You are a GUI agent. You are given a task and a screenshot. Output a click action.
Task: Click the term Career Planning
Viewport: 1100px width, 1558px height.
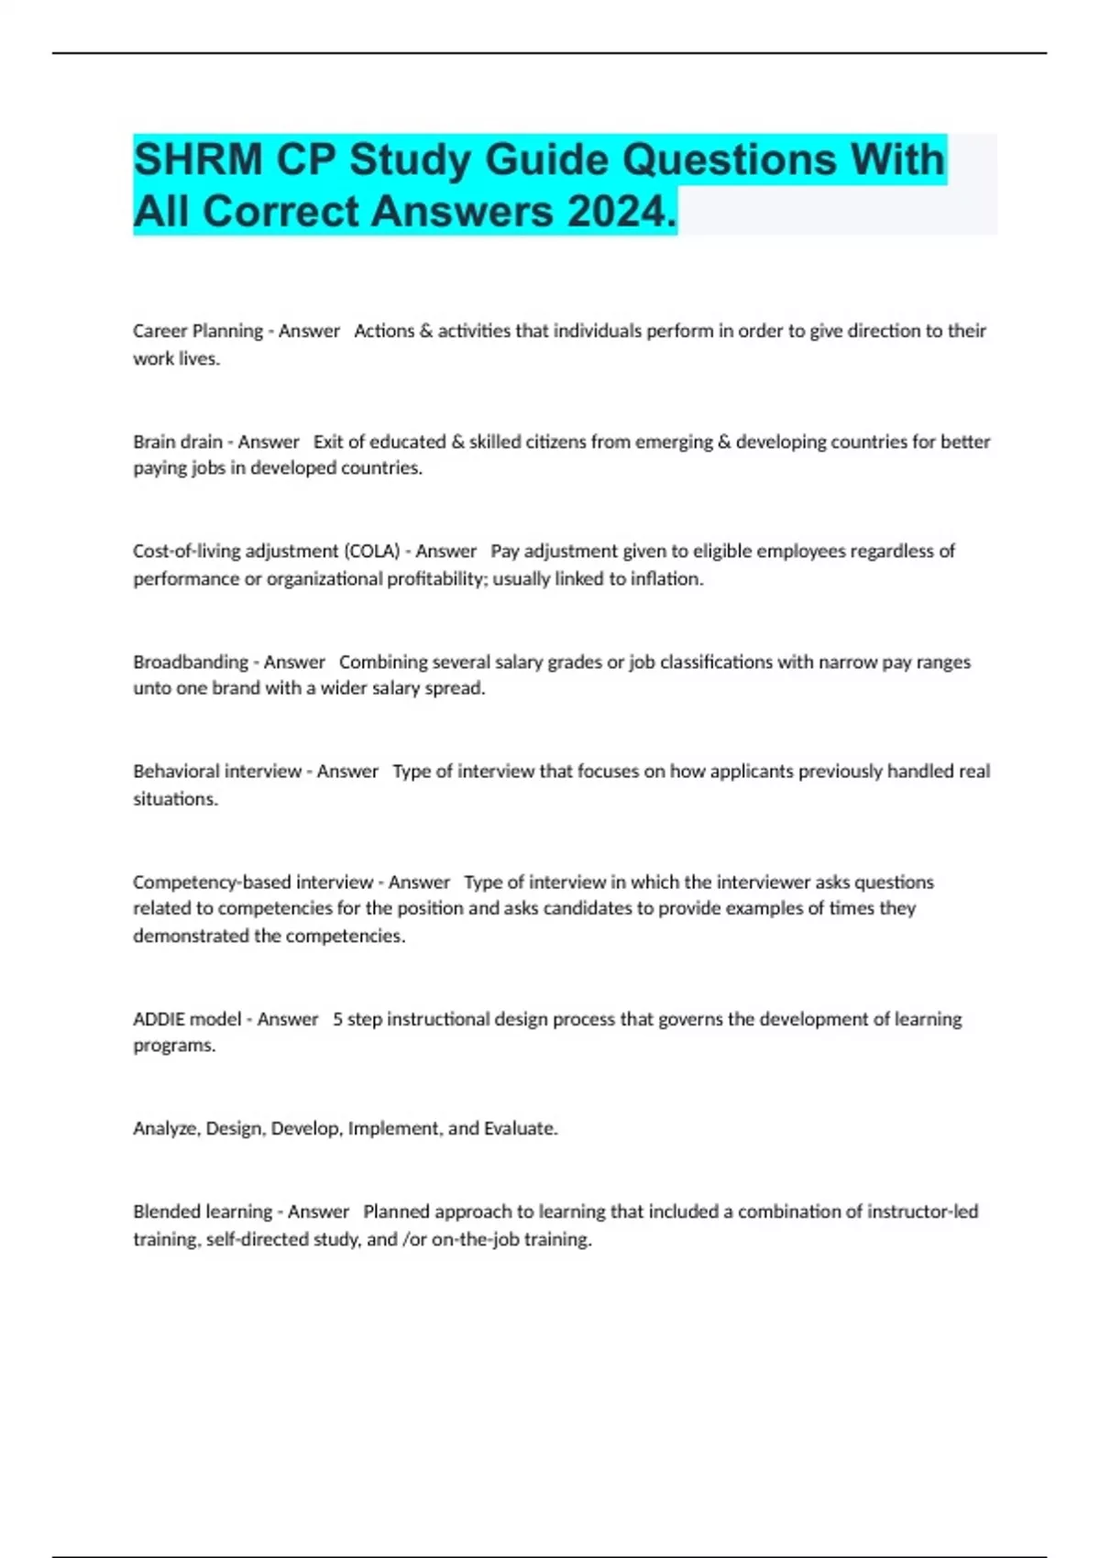click(197, 331)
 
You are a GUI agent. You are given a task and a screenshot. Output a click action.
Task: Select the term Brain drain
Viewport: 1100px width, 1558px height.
click(178, 442)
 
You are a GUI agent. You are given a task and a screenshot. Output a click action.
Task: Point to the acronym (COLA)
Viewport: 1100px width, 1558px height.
click(371, 551)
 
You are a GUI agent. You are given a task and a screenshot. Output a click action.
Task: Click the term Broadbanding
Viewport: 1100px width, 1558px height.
click(191, 662)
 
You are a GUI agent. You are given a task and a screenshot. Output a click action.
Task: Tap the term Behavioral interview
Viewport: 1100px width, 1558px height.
click(217, 772)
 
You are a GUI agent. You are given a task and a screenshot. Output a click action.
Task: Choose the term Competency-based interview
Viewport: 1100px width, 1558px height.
click(253, 882)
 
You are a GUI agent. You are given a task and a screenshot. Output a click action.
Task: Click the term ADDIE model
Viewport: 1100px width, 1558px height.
click(187, 1019)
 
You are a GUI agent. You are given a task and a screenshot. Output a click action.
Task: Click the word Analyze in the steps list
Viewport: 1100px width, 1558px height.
click(167, 1129)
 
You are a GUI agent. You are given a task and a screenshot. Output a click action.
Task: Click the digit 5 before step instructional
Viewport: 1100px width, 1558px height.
click(337, 1019)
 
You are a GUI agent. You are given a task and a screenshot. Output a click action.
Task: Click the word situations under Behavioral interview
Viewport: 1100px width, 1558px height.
click(175, 799)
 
